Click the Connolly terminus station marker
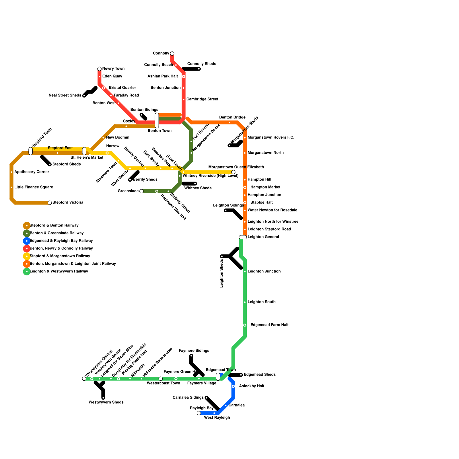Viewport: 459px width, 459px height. [172, 54]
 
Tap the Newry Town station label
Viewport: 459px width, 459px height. [113, 69]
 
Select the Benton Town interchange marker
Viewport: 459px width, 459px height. [157, 120]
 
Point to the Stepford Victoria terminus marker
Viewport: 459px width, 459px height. [50, 203]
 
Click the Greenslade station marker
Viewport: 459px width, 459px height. [141, 191]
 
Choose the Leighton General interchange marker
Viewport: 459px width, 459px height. [243, 237]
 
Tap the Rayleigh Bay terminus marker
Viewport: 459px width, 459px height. [199, 413]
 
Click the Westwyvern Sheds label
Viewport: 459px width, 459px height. [106, 402]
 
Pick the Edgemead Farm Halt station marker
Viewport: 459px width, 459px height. [245, 325]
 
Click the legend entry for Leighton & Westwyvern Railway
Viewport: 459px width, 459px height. [59, 271]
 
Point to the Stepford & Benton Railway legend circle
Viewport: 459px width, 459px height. [27, 225]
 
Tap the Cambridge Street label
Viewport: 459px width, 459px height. [202, 99]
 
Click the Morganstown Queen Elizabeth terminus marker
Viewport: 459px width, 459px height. [233, 172]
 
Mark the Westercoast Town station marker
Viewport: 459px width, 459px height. [161, 379]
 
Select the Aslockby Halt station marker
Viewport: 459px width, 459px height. [233, 386]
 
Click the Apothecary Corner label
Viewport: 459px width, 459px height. [32, 172]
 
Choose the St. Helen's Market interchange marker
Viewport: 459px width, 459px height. [84, 151]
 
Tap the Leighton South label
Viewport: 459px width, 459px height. [261, 302]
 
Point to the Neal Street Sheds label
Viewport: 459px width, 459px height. [65, 96]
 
